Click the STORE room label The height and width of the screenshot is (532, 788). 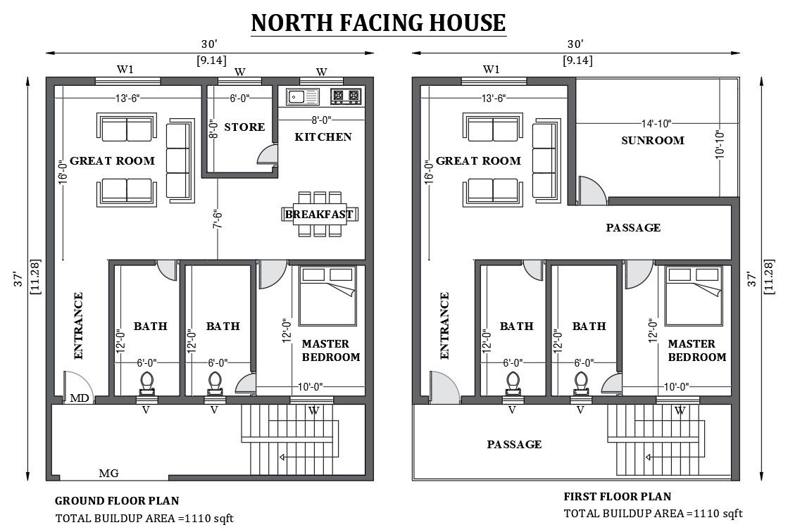244,127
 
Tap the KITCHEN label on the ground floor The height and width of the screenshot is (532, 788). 323,137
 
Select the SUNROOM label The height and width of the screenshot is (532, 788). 653,140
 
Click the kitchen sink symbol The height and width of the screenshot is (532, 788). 303,96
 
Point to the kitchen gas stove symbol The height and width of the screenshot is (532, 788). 346,96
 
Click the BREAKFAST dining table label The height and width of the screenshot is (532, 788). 319,215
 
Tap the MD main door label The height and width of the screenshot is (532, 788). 80,398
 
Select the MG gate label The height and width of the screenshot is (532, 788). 108,473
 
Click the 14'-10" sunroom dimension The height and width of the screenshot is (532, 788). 656,123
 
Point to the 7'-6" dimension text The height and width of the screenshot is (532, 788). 218,219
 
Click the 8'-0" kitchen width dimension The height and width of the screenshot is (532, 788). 322,120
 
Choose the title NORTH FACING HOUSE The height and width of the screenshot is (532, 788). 378,23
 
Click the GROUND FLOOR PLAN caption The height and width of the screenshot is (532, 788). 117,501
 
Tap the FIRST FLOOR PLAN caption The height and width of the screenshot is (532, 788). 618,497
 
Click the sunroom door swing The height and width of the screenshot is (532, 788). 592,190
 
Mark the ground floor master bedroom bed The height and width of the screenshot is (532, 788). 327,296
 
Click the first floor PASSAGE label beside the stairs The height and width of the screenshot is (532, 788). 514,444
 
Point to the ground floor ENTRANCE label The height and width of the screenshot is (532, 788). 78,326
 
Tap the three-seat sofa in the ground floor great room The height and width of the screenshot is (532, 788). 180,160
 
